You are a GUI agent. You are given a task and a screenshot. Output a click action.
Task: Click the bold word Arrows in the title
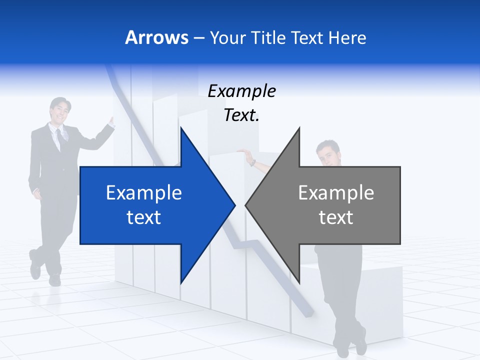click(x=156, y=38)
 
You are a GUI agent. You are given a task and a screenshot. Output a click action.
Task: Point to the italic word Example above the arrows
click(x=241, y=91)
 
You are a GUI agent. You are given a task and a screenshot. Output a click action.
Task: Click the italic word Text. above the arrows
click(x=241, y=115)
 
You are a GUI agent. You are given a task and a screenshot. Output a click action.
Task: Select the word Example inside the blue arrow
click(x=144, y=193)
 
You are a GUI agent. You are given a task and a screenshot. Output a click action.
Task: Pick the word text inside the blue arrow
click(x=144, y=217)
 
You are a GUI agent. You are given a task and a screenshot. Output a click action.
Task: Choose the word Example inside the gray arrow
click(x=336, y=193)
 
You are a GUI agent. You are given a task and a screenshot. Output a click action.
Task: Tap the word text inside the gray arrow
click(x=336, y=217)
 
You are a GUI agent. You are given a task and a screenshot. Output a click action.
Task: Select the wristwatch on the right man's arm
click(x=253, y=162)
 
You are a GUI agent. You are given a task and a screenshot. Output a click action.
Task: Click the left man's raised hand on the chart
click(x=111, y=122)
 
